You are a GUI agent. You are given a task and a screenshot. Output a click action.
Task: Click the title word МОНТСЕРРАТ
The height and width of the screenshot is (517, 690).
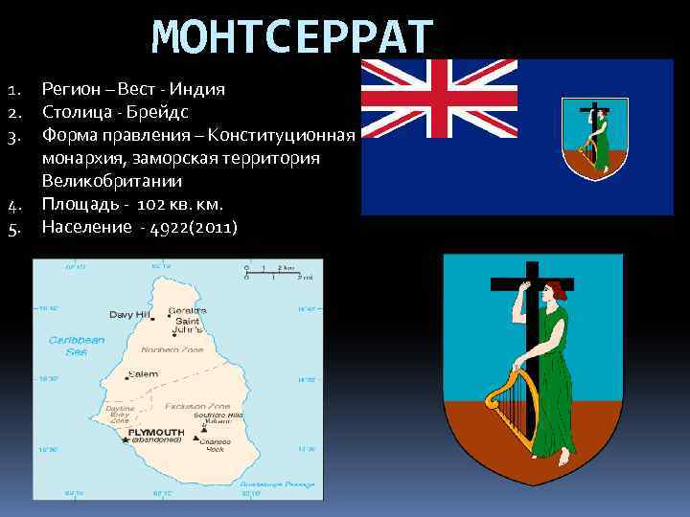tap(292, 38)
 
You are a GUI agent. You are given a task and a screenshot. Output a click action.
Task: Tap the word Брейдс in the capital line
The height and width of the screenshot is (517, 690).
tap(162, 112)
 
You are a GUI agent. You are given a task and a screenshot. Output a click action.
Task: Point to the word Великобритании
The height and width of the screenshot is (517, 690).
tap(105, 181)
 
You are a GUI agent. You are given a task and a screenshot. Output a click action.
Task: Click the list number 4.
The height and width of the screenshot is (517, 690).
tap(14, 205)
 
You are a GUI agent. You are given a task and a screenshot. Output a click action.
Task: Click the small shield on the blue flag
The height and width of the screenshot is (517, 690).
tap(595, 139)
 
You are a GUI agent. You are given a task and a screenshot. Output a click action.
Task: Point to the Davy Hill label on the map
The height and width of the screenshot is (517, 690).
tap(128, 314)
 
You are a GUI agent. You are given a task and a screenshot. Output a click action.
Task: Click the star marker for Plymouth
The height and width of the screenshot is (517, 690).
tap(125, 439)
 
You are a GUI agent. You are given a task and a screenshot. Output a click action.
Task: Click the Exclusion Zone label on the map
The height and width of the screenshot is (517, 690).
tap(191, 407)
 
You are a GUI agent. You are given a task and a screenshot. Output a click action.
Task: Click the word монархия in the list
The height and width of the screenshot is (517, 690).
tap(80, 158)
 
